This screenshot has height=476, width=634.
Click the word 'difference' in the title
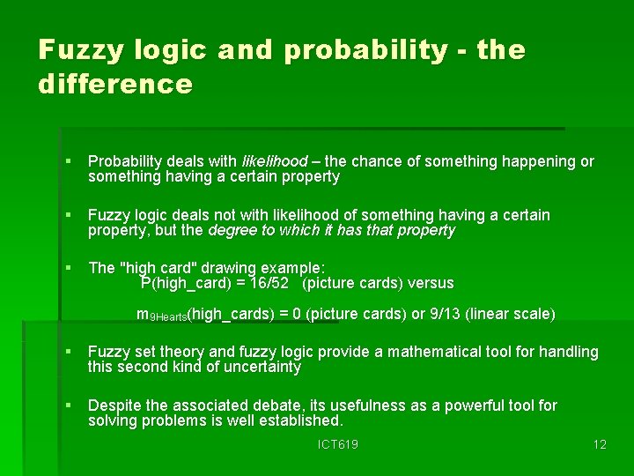click(x=115, y=84)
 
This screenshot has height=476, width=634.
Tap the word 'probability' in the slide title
click(x=365, y=50)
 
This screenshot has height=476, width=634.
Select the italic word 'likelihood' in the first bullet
click(x=274, y=162)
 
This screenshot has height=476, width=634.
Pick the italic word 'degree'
click(x=229, y=231)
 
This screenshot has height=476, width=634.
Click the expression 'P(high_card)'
click(x=186, y=284)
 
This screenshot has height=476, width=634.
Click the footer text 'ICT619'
click(x=338, y=445)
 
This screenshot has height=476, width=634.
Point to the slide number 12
click(x=600, y=445)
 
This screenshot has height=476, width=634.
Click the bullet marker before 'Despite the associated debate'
click(x=70, y=406)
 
